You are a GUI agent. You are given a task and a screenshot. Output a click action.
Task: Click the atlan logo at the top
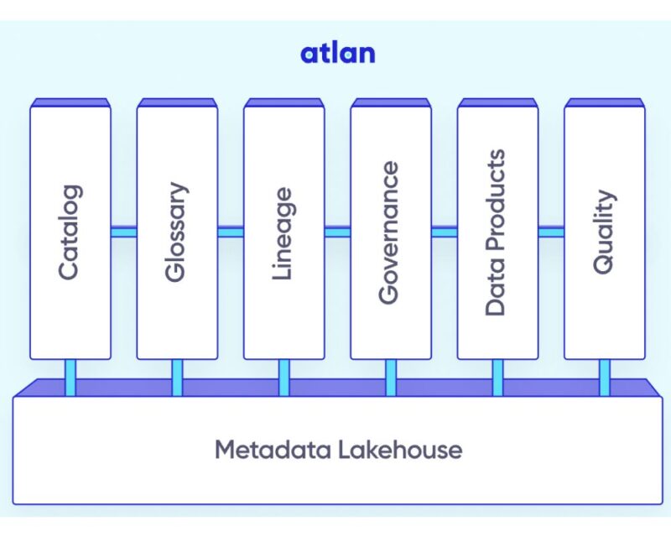click(x=337, y=54)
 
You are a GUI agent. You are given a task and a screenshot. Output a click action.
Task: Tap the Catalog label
click(x=68, y=232)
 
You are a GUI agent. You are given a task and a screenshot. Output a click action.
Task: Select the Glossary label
click(x=175, y=232)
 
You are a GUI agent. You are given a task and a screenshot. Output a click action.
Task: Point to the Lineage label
click(x=283, y=232)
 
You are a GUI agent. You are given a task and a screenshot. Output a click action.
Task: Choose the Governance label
click(x=388, y=232)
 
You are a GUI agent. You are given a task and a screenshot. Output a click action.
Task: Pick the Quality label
click(x=603, y=232)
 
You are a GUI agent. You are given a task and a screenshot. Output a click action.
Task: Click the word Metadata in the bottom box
click(x=271, y=450)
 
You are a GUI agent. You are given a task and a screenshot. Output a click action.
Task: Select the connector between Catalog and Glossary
click(x=123, y=232)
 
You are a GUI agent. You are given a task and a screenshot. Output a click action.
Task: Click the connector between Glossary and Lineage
click(x=230, y=232)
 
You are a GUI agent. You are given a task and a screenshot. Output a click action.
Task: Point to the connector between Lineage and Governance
click(x=337, y=232)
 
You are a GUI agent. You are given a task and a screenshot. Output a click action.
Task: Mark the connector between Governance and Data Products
click(x=444, y=232)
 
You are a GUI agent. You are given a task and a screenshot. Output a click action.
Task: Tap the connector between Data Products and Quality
click(x=551, y=232)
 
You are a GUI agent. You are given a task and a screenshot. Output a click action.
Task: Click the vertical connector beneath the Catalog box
click(x=70, y=377)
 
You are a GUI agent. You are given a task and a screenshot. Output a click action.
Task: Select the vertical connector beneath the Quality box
click(x=604, y=377)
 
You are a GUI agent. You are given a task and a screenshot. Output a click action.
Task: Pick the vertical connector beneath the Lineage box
click(x=283, y=377)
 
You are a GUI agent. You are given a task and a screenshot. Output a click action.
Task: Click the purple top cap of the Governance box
click(x=390, y=102)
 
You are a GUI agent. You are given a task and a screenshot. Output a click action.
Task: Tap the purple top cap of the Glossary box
click(x=176, y=102)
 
